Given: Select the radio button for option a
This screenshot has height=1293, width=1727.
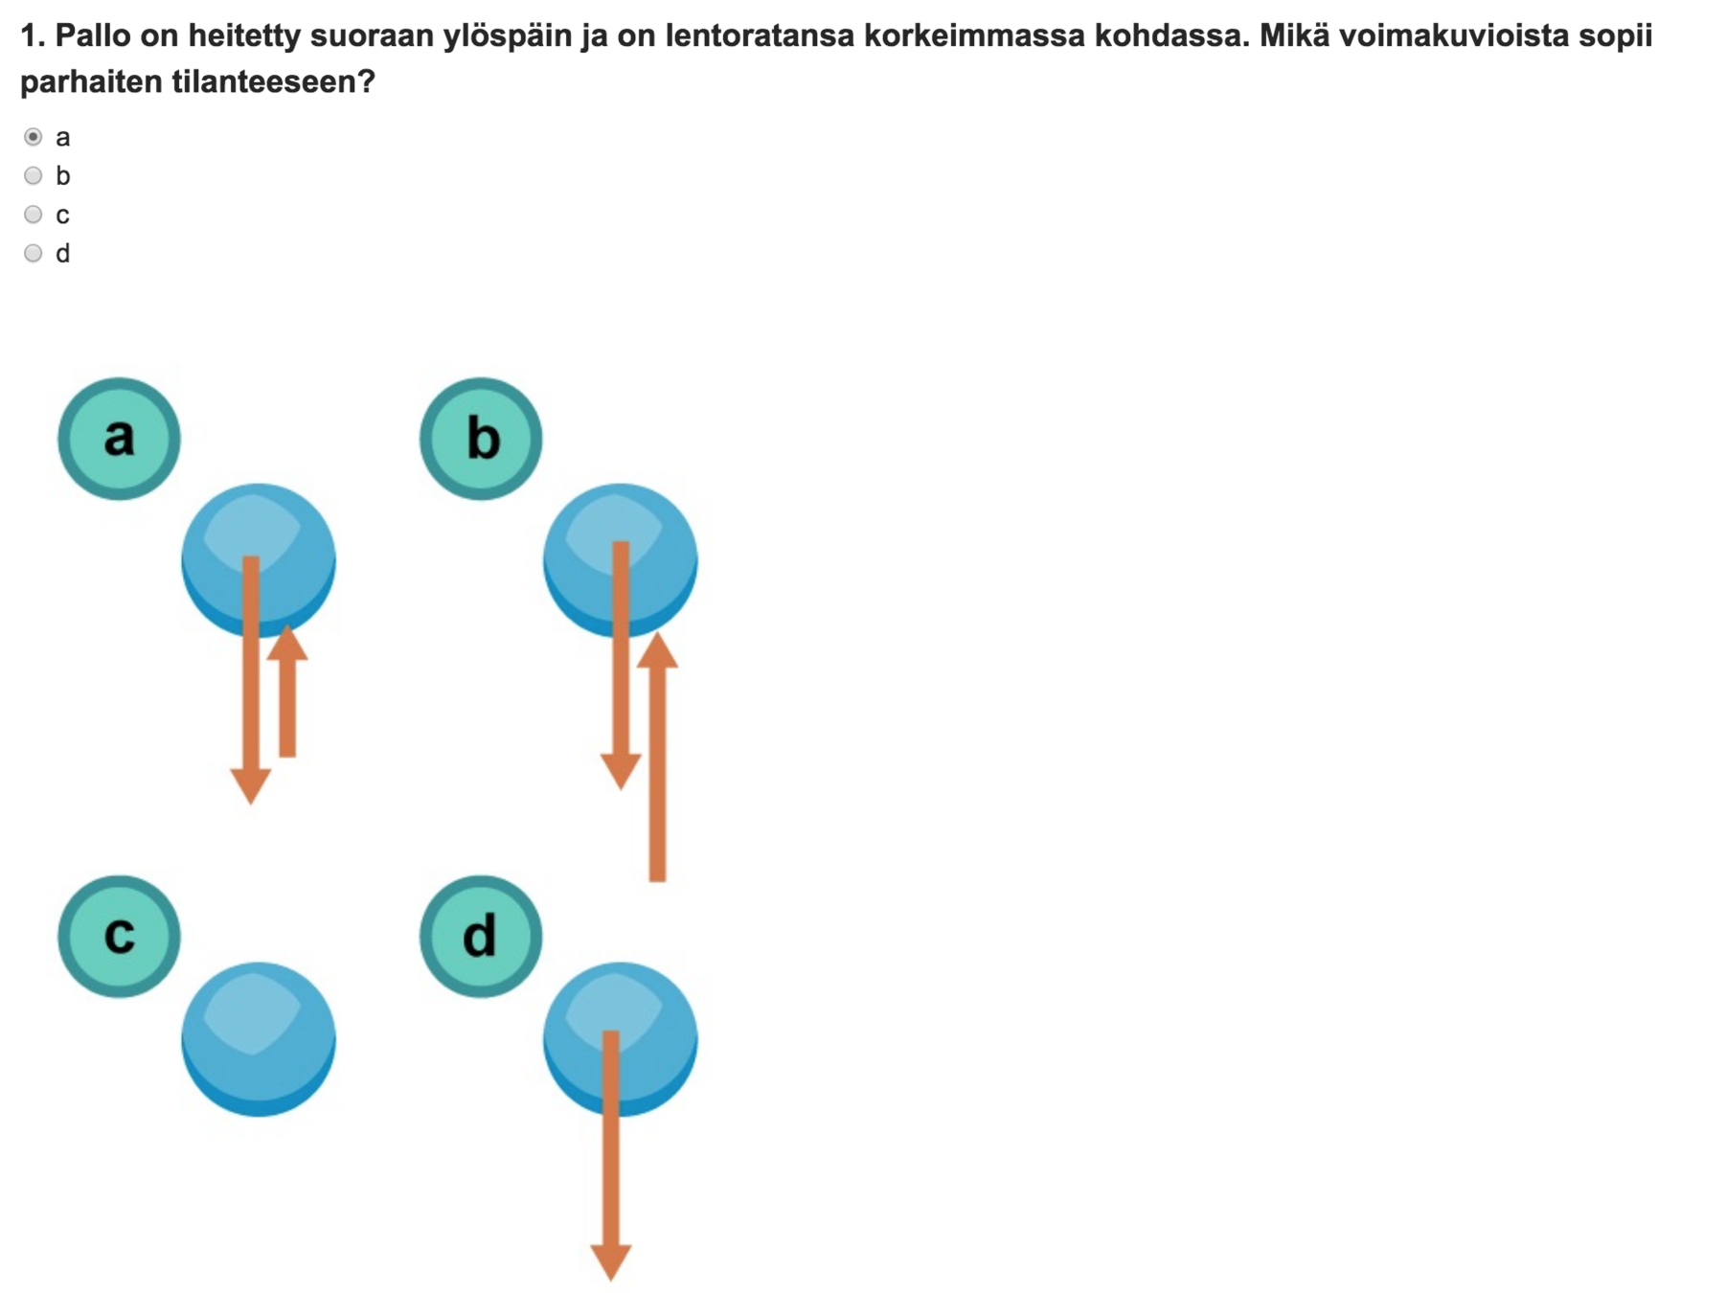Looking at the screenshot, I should (x=34, y=137).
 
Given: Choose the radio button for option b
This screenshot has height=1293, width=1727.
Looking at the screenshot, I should (x=34, y=175).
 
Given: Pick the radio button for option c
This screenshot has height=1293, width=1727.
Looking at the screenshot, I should (x=34, y=215).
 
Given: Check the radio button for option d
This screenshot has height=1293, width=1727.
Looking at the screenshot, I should (x=34, y=253).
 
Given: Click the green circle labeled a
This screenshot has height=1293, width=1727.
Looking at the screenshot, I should (x=119, y=439).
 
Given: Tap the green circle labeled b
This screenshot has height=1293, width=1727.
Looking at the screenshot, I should (x=481, y=439).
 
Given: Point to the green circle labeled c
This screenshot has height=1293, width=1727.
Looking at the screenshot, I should (x=119, y=936).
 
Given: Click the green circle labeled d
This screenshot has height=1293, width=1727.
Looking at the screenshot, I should (x=481, y=936).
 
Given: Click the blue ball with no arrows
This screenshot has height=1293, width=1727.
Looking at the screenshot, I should (x=259, y=1039).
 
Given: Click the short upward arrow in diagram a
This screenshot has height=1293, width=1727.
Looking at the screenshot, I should (x=287, y=694).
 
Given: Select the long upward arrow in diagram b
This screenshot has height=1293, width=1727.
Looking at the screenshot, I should (x=657, y=761).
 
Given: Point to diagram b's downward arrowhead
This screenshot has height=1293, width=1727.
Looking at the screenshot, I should (x=621, y=771).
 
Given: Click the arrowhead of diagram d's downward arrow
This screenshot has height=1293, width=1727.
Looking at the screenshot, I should (x=611, y=1261).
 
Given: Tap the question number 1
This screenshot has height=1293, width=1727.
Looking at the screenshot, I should (x=31, y=36).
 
